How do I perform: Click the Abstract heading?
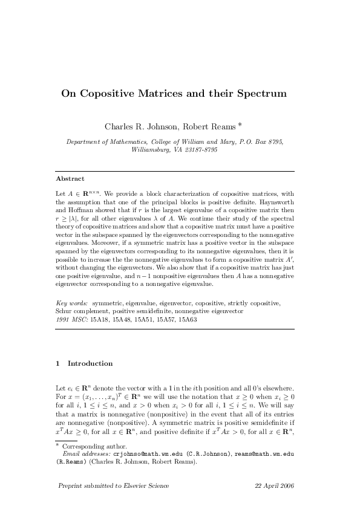tap(70, 179)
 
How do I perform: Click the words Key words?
tap(71, 302)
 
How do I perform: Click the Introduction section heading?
tap(90, 363)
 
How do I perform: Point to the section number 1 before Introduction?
tap(57, 363)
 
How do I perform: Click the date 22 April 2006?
tap(275, 486)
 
